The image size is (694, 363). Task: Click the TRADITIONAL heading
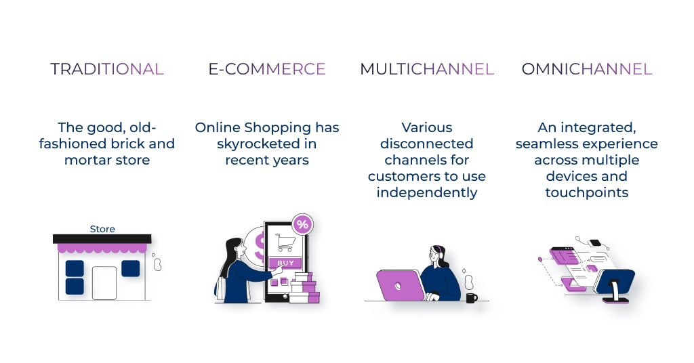click(x=107, y=69)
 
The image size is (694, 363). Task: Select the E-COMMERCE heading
click(x=267, y=69)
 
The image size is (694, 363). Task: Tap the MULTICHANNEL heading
click(x=427, y=69)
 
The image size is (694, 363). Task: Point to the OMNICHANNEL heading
click(x=587, y=69)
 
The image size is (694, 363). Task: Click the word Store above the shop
click(x=102, y=229)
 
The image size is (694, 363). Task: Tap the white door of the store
click(x=104, y=283)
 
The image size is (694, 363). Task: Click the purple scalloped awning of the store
click(x=102, y=248)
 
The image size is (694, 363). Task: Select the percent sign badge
click(x=302, y=224)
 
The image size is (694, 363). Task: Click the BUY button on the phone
click(x=285, y=263)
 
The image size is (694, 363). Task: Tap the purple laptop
click(x=400, y=285)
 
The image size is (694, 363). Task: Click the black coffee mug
click(x=472, y=297)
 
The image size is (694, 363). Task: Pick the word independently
click(x=427, y=193)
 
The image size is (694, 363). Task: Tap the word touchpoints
click(x=587, y=193)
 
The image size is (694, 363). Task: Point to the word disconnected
click(x=427, y=144)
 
